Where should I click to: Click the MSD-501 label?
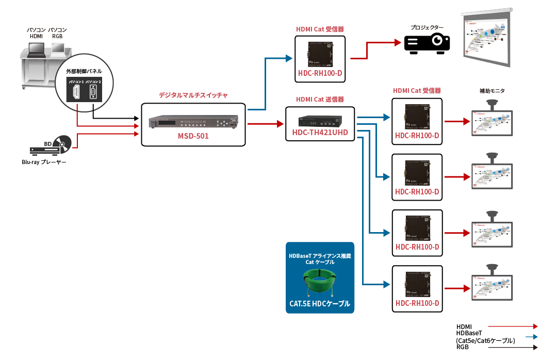[193, 137]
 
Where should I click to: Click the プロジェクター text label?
[427, 27]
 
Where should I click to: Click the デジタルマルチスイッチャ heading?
[193, 95]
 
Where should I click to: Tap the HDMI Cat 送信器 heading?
[320, 99]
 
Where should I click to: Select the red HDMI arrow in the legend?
[513, 326]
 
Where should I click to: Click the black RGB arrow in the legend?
[513, 348]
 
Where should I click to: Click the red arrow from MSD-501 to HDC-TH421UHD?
[266, 124]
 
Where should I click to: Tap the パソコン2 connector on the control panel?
[93, 93]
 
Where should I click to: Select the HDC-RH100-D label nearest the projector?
[320, 73]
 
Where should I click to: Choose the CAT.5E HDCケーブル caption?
[320, 304]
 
